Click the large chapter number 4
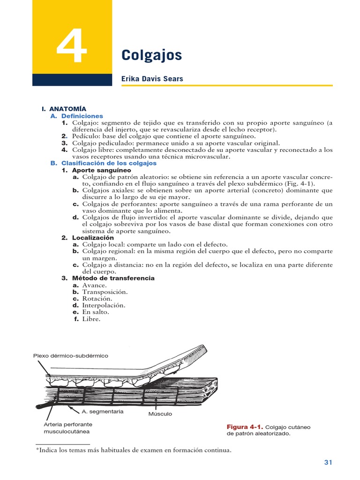click(x=72, y=47)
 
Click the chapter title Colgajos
click(x=151, y=55)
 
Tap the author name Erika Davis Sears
click(x=152, y=79)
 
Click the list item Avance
click(x=94, y=285)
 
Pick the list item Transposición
click(x=105, y=292)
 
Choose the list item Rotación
click(x=97, y=299)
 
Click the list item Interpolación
click(x=104, y=305)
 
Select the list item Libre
click(x=91, y=319)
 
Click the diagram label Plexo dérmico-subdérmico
click(x=70, y=356)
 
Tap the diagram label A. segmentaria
click(x=103, y=411)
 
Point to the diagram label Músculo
click(x=160, y=414)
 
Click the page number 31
click(x=328, y=463)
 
